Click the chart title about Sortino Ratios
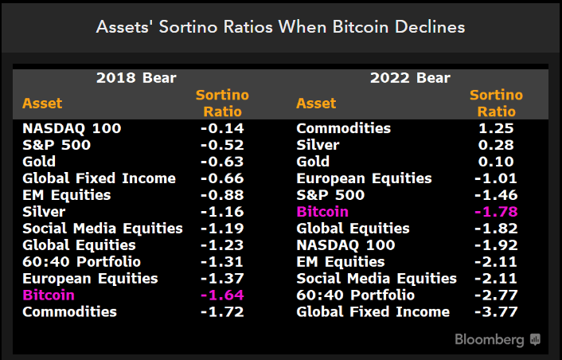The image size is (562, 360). click(x=280, y=26)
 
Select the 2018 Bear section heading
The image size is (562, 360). click(x=136, y=78)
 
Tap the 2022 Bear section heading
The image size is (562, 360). click(x=410, y=78)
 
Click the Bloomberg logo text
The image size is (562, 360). click(x=490, y=339)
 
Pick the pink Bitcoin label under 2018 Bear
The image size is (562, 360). click(x=49, y=295)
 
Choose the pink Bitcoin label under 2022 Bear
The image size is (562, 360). click(x=322, y=211)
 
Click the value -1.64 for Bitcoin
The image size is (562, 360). click(x=222, y=295)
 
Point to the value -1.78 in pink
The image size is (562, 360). click(x=496, y=211)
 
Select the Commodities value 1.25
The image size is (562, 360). click(x=498, y=128)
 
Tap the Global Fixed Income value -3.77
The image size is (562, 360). click(x=496, y=311)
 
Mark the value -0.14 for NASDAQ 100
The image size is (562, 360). click(x=222, y=128)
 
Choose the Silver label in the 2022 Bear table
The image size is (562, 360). click(x=318, y=145)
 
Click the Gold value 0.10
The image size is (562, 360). click(x=498, y=162)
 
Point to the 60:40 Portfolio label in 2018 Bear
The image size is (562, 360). click(x=81, y=261)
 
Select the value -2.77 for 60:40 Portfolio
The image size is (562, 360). click(x=496, y=295)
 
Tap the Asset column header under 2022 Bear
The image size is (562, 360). click(x=316, y=104)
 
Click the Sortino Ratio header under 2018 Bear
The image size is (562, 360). click(x=222, y=104)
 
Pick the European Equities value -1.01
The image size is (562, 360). click(x=496, y=178)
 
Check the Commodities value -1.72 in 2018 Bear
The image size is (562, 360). click(x=222, y=311)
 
